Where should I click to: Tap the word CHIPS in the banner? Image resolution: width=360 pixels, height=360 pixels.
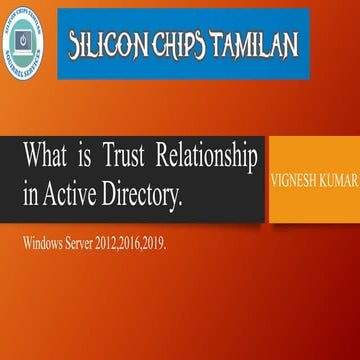(x=180, y=45)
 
